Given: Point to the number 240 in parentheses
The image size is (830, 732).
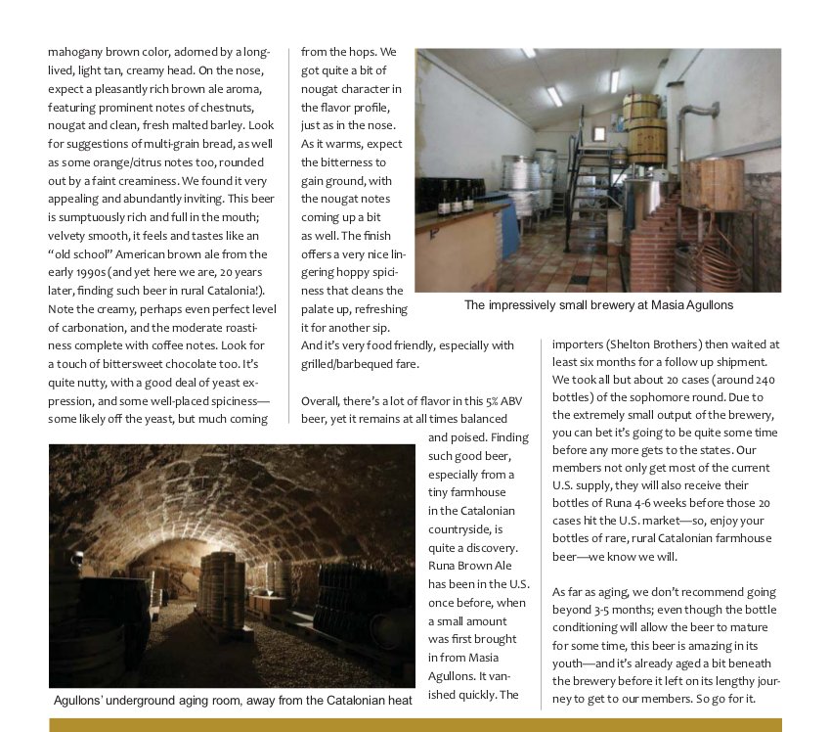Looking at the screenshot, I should point(759,379).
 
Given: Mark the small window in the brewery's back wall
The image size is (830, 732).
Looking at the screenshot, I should point(597,133).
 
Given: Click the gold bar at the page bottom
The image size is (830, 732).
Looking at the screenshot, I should point(415,725).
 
